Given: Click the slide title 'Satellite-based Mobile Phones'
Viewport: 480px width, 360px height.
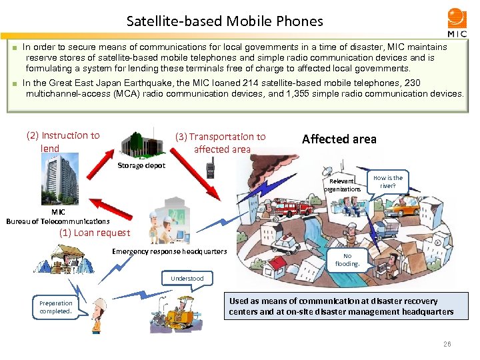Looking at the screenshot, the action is point(225,21).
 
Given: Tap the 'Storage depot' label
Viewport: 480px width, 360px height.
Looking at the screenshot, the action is point(141,165).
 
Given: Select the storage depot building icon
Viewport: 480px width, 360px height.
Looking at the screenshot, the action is point(141,142).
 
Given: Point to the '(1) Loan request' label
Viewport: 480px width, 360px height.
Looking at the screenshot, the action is point(95,233).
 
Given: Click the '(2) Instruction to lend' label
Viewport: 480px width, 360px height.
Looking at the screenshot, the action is point(63,141).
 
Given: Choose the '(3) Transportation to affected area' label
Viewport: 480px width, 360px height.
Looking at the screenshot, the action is point(220,143).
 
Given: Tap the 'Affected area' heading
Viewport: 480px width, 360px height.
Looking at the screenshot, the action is point(339,139).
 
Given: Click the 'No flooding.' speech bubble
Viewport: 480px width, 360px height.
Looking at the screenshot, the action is point(350,259).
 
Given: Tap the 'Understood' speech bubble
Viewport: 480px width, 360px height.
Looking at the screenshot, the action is point(187,279).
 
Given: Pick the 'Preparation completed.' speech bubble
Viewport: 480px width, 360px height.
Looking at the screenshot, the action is point(56,307).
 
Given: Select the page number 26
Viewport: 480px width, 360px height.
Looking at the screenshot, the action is point(447,345).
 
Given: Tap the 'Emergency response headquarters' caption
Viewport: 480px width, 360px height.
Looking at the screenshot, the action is point(169,251).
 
